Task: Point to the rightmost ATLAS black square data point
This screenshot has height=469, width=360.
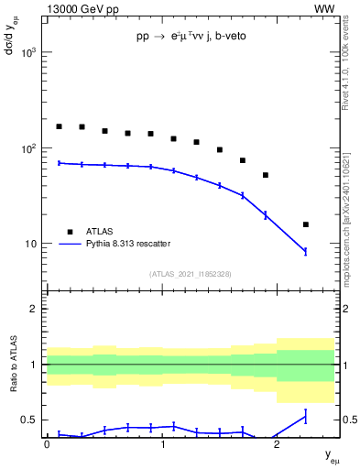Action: (306, 224)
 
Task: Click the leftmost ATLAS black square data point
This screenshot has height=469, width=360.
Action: (59, 126)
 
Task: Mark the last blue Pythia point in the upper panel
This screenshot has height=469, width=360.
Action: (306, 251)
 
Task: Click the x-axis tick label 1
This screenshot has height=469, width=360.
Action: (162, 444)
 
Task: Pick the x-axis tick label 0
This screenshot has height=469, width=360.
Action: (47, 444)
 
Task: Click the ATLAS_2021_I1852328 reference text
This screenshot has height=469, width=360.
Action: (191, 274)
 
